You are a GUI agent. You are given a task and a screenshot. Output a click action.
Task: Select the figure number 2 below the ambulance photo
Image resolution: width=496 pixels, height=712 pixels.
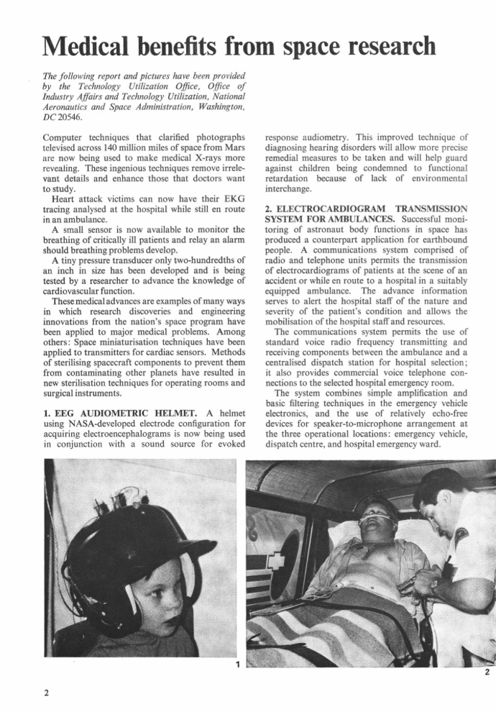(487, 672)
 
